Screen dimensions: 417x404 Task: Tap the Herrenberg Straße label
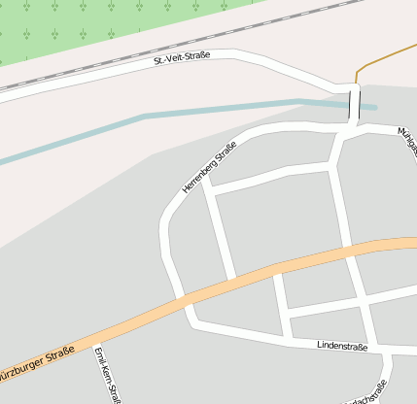tap(209, 166)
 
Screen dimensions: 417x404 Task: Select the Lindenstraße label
tap(341, 346)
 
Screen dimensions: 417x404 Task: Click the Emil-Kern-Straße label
tap(107, 377)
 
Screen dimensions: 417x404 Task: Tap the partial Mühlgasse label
tap(407, 136)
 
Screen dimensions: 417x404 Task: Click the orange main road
tap(292, 263)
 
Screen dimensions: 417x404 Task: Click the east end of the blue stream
tap(373, 107)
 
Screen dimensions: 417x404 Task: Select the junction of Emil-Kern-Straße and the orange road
tap(96, 343)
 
